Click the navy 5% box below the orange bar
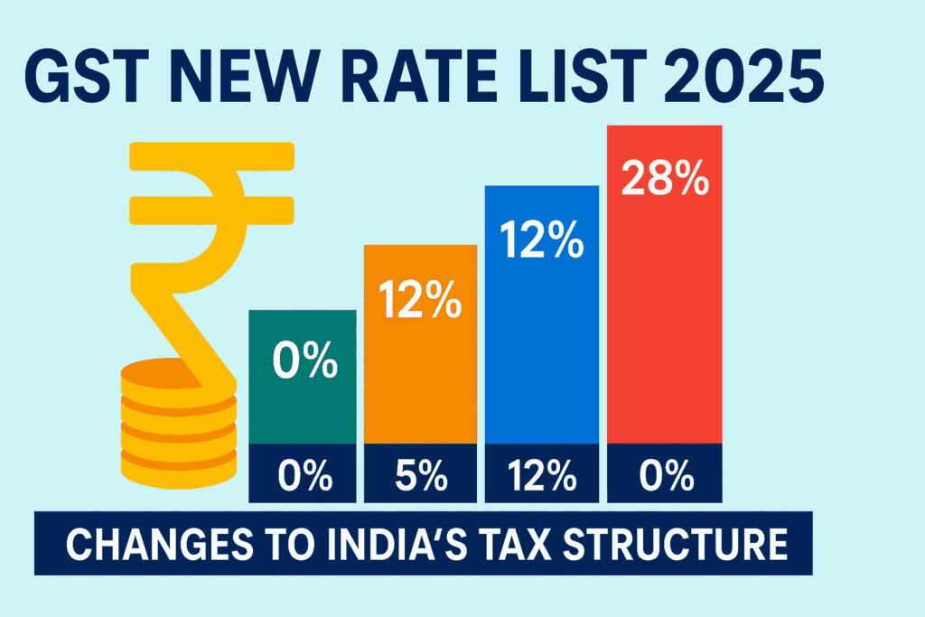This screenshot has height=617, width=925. [420, 473]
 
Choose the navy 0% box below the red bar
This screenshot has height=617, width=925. [665, 473]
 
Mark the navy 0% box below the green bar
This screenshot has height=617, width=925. [305, 473]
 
